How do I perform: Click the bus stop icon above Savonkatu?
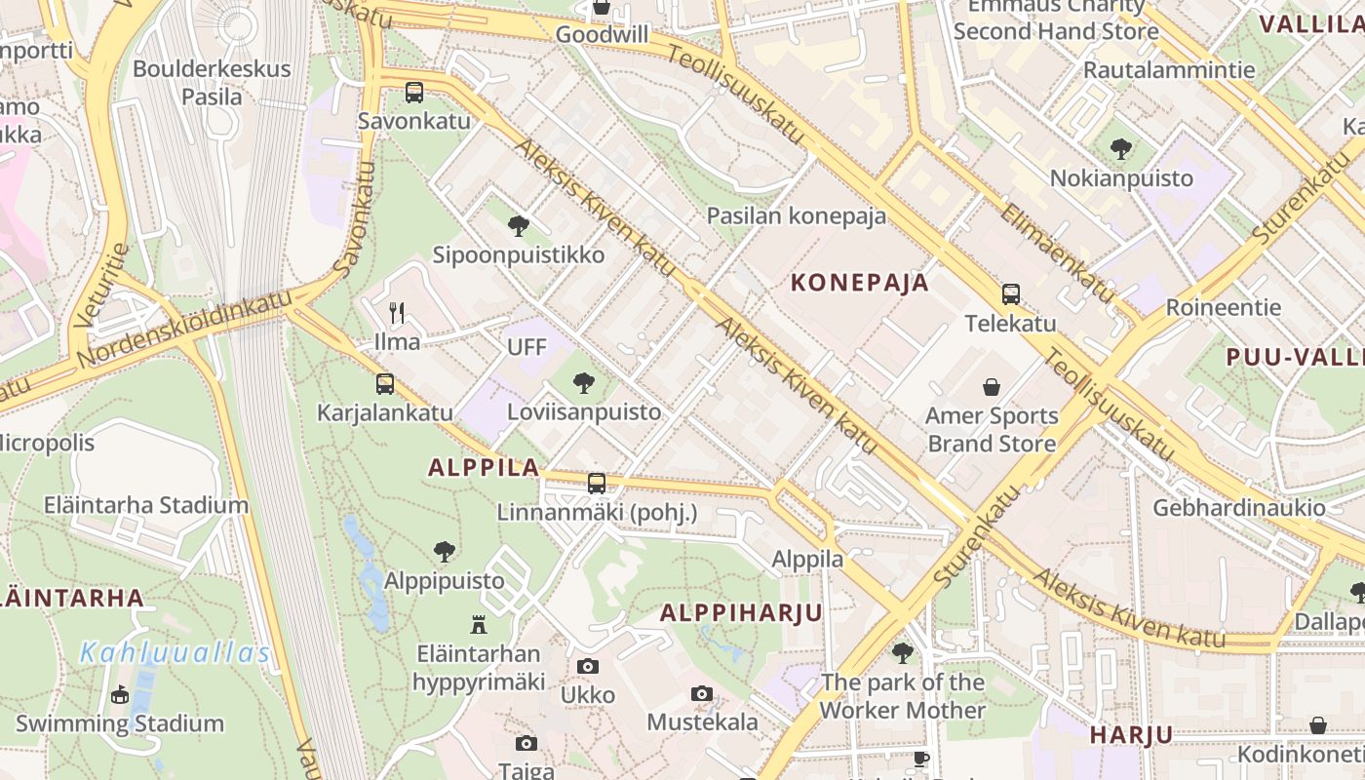tap(414, 93)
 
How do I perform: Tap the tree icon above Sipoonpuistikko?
tap(519, 226)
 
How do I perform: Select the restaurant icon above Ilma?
tap(397, 313)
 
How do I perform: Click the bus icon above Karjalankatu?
tap(385, 384)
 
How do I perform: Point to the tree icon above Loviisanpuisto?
tap(584, 383)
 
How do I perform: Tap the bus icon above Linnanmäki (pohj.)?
tap(597, 484)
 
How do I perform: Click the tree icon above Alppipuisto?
tap(445, 552)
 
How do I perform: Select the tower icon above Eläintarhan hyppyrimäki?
tap(479, 624)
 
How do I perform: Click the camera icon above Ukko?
tap(587, 666)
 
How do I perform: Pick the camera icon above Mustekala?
tap(702, 693)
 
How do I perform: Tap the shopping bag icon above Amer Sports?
tap(992, 387)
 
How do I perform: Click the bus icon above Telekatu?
tap(1011, 294)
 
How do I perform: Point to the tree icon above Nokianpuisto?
tap(1121, 149)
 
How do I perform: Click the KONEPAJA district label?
tap(859, 283)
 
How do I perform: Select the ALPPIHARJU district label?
tap(741, 613)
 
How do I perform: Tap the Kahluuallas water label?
tap(175, 652)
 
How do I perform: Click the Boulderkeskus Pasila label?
tap(212, 83)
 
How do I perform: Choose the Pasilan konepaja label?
tap(797, 215)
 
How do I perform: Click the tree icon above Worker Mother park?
tap(903, 652)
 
